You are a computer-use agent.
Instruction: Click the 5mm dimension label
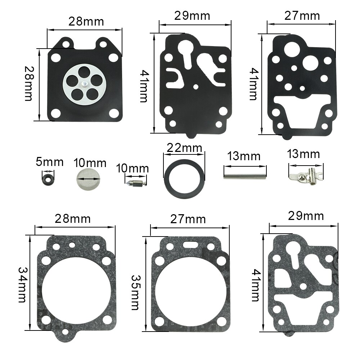pyautogui.click(x=50, y=162)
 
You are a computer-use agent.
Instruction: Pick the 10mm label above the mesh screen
pyautogui.click(x=90, y=163)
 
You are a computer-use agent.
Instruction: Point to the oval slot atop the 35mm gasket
pyautogui.click(x=189, y=244)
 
